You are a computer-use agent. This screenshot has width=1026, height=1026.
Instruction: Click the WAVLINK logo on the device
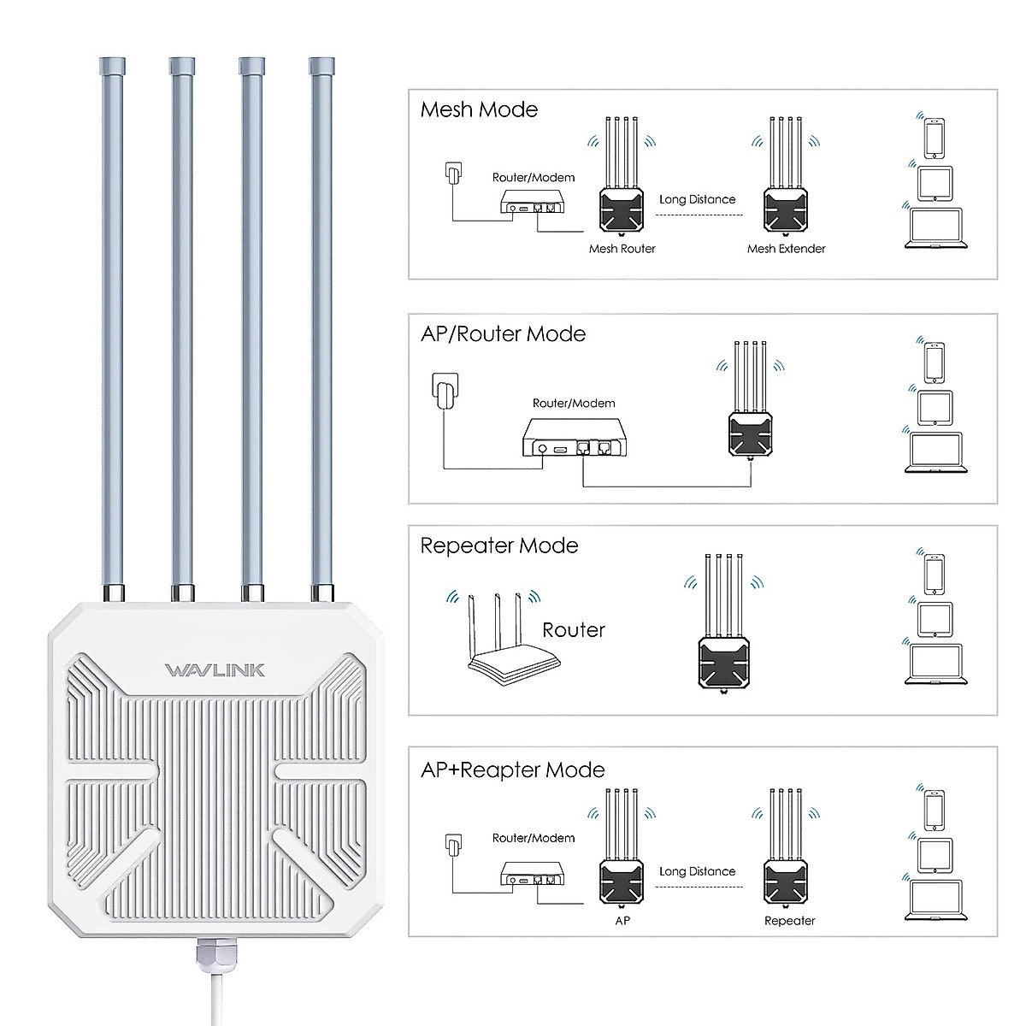(x=215, y=669)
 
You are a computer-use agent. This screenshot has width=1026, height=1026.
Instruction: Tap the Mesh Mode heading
(x=479, y=109)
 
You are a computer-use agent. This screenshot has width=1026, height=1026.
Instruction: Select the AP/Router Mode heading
(x=503, y=333)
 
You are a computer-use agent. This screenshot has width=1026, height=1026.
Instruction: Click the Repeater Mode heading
(x=499, y=545)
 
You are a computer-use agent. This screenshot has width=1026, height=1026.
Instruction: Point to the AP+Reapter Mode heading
(x=512, y=769)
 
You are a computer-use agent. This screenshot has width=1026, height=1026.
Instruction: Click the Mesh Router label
(x=622, y=249)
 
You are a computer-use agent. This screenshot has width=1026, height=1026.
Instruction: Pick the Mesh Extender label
(x=786, y=249)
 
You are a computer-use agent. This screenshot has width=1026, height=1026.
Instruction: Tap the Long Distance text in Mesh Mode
(x=697, y=199)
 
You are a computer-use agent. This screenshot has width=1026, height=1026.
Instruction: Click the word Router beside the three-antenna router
(x=573, y=630)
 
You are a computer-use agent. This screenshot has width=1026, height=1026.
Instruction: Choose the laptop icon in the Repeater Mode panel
(x=933, y=664)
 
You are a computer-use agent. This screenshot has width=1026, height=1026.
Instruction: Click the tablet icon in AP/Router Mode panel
(x=933, y=408)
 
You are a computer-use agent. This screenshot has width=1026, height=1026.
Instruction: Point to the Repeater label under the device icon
(x=789, y=921)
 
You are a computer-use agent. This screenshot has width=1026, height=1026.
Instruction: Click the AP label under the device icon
(x=622, y=921)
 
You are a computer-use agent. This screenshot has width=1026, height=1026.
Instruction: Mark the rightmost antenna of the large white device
(x=321, y=325)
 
